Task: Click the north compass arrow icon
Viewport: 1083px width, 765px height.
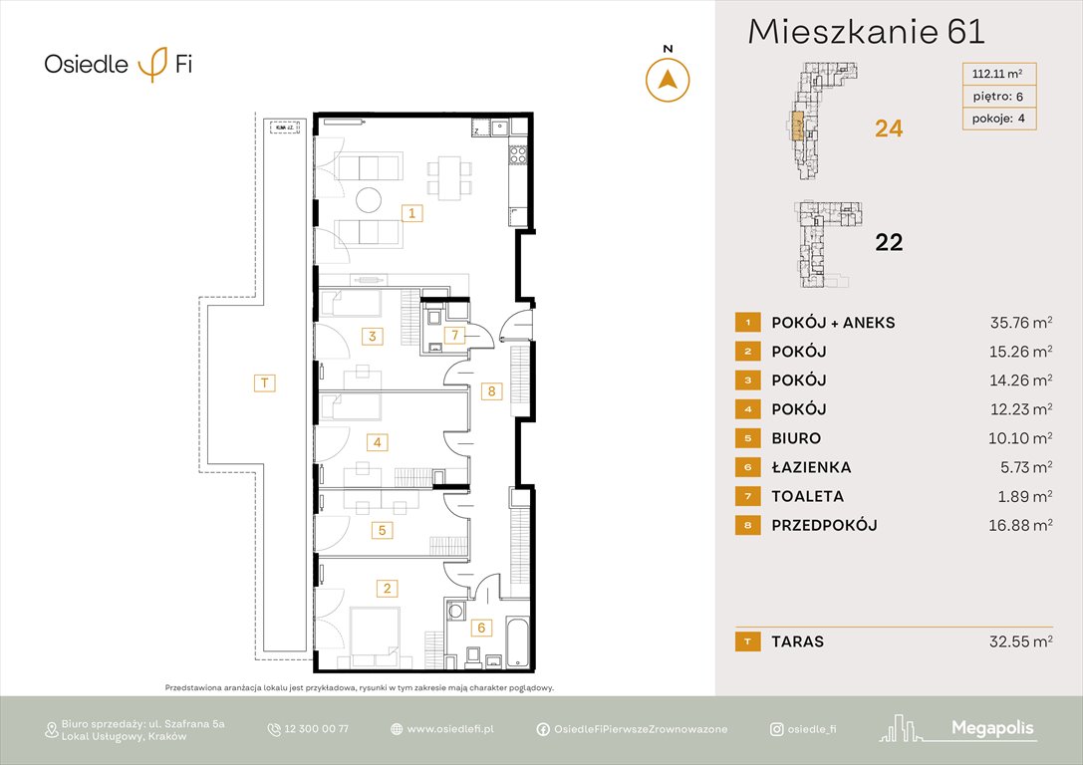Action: click(668, 79)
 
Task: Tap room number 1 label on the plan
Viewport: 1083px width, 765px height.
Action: click(410, 212)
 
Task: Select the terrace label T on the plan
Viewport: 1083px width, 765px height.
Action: click(264, 382)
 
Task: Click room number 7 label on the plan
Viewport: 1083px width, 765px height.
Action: click(455, 335)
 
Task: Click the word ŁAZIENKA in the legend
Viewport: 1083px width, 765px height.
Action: click(811, 467)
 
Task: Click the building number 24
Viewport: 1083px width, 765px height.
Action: click(888, 128)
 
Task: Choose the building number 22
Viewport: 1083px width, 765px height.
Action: click(888, 242)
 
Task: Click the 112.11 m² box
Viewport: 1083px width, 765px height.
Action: click(998, 73)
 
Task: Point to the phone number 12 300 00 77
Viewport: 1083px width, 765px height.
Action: click(316, 729)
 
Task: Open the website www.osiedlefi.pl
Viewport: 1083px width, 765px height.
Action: click(450, 729)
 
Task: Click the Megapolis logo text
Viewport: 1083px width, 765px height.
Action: click(993, 729)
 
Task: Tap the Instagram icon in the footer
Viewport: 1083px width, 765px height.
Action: click(776, 729)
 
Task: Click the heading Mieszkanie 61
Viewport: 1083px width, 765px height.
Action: click(866, 32)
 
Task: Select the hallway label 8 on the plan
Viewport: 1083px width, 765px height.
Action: click(490, 391)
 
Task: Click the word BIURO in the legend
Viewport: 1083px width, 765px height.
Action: click(796, 438)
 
